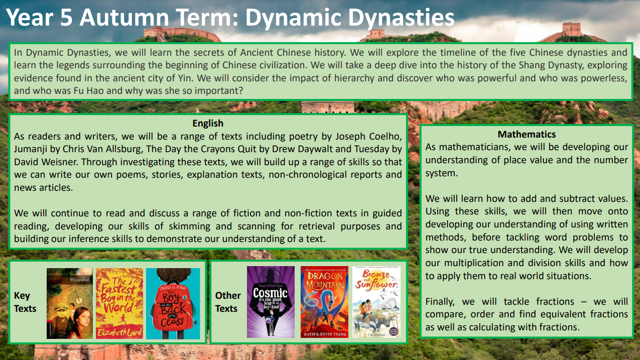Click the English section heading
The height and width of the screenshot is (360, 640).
[208, 123]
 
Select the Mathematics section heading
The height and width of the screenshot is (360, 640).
[527, 134]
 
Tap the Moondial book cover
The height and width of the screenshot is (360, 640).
[70, 303]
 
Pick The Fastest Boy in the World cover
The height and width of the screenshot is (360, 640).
[119, 303]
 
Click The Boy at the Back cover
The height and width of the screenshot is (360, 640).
[173, 303]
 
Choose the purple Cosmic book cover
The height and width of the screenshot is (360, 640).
[271, 302]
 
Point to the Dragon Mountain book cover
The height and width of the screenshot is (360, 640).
[324, 302]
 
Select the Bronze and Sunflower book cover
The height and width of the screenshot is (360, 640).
[376, 302]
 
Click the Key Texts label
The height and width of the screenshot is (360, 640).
[25, 302]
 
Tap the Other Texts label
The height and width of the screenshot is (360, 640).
[228, 302]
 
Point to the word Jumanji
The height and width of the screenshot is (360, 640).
[32, 149]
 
